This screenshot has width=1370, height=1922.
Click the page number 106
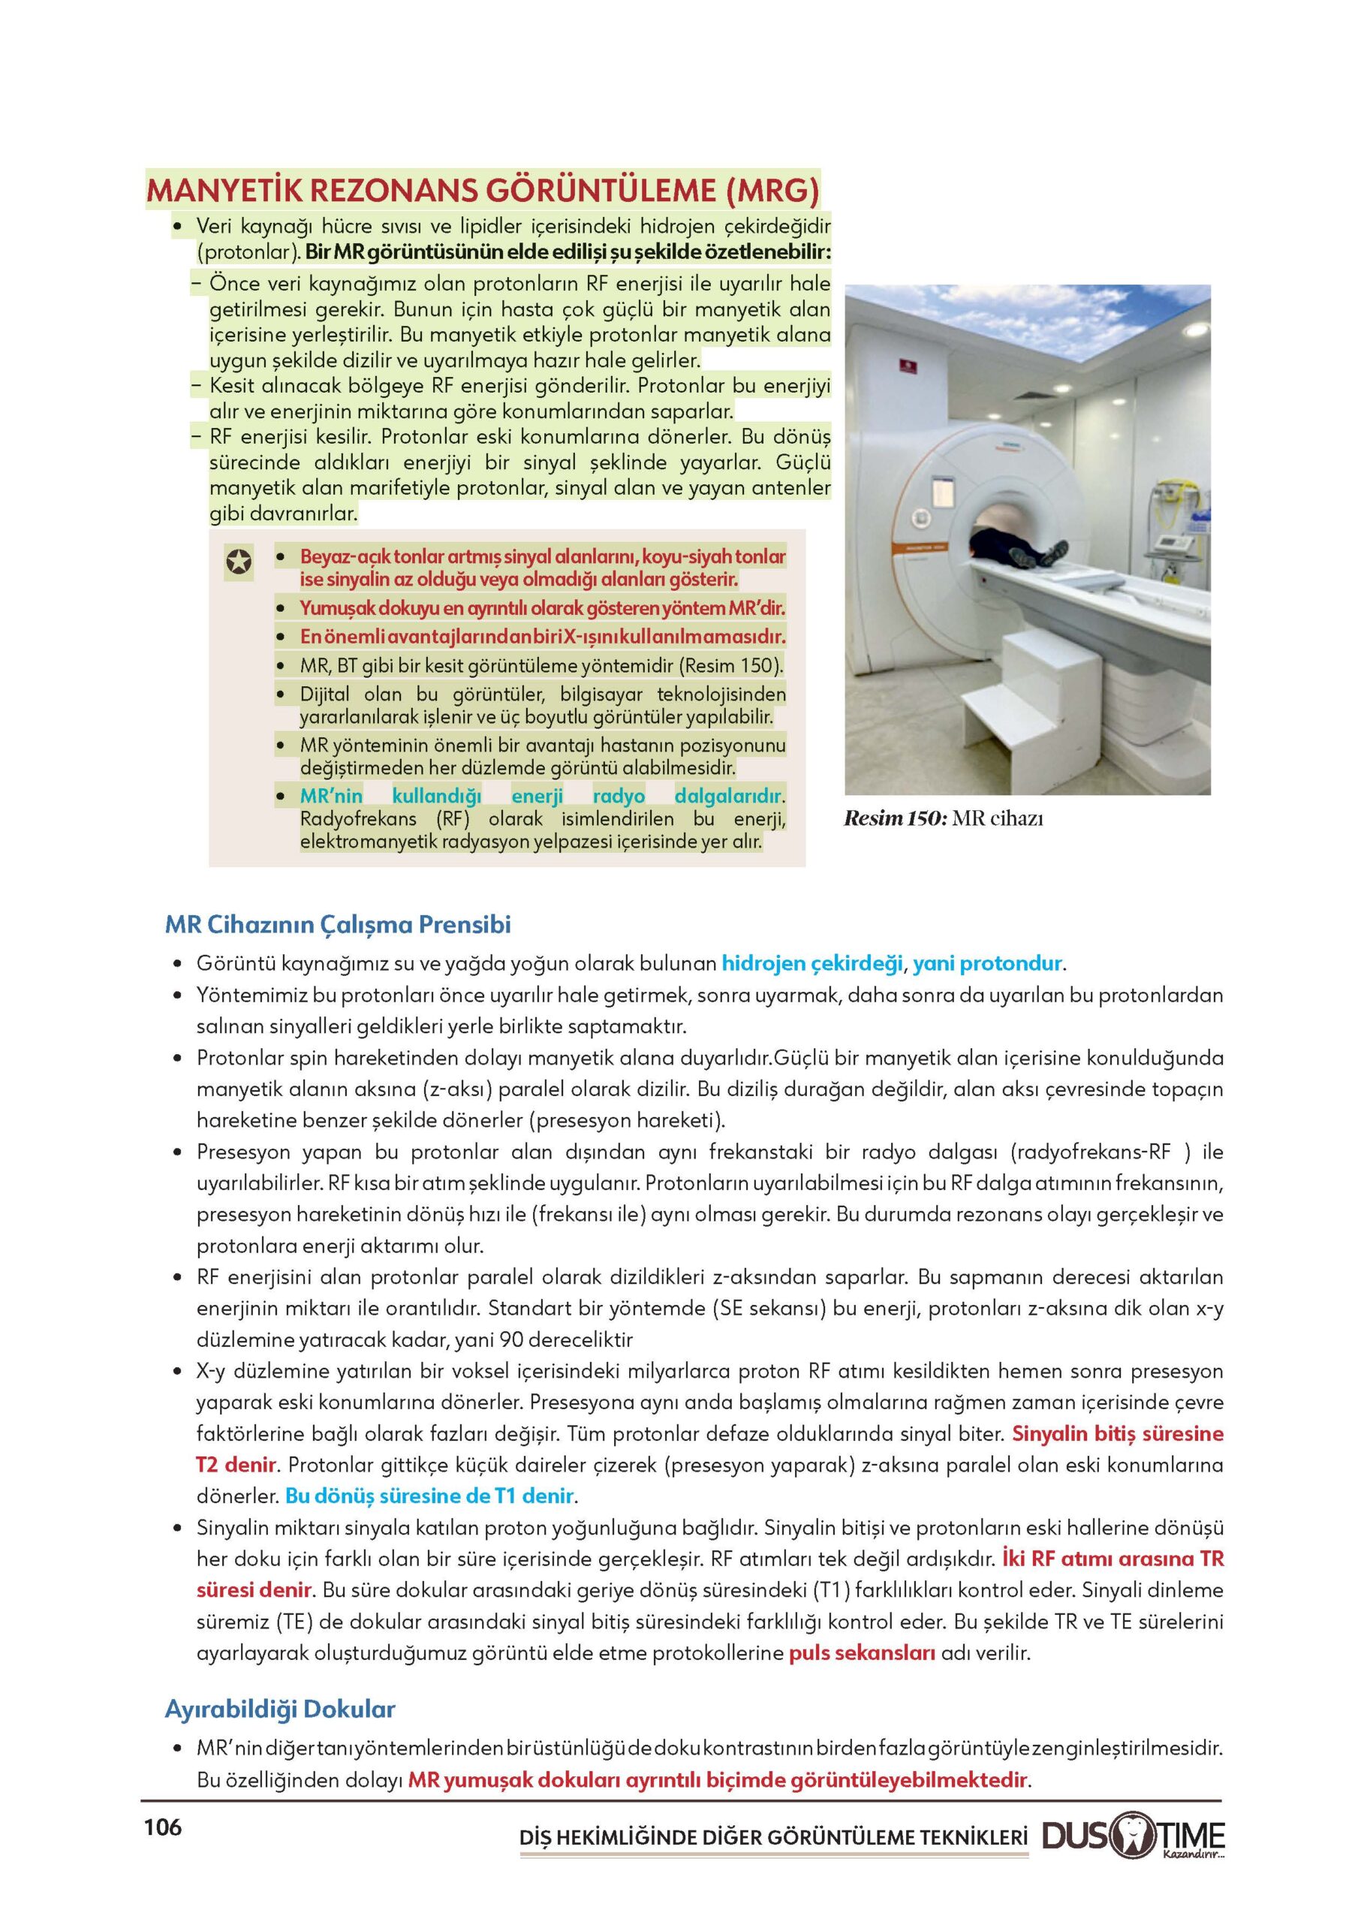163,1827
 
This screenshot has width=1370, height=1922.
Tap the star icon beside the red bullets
239,562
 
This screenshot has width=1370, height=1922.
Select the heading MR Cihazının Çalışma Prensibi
338,924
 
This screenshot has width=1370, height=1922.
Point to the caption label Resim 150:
895,818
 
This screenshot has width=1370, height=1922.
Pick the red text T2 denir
236,1465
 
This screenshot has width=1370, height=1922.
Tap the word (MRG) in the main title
772,190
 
